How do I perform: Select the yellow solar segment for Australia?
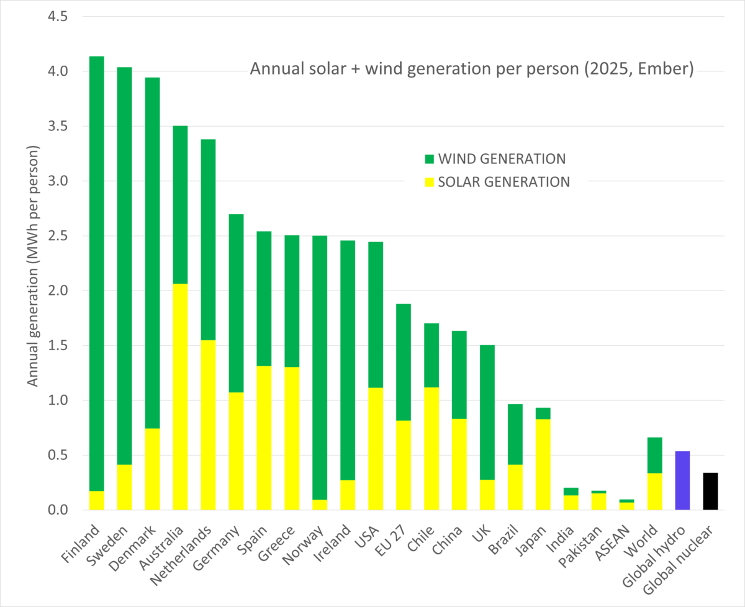pyautogui.click(x=180, y=397)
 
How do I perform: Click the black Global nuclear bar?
pyautogui.click(x=710, y=492)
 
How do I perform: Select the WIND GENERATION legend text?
pyautogui.click(x=502, y=159)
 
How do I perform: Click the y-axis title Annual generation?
pyautogui.click(x=33, y=267)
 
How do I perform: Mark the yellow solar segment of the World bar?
pyautogui.click(x=654, y=492)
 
